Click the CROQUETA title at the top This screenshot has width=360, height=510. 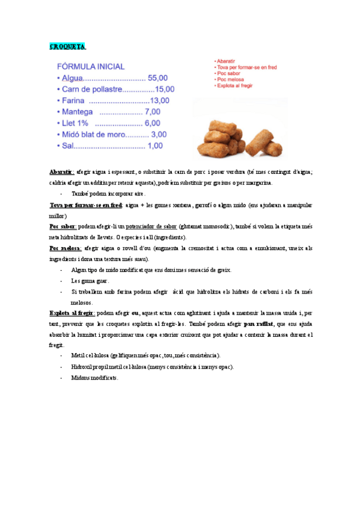[x=67, y=46]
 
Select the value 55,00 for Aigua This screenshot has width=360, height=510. [x=158, y=78]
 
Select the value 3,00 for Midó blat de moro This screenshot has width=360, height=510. [x=159, y=134]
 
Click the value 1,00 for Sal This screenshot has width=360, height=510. [x=155, y=146]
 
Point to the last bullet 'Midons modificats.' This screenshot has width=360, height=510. [x=94, y=378]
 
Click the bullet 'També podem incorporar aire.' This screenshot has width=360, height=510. [x=108, y=194]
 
